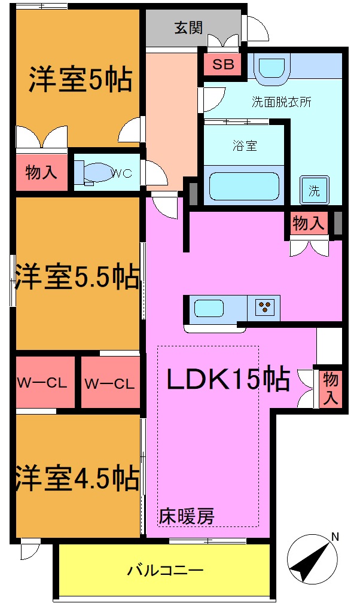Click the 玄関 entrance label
click(188, 28)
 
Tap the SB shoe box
click(223, 65)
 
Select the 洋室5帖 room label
click(81, 80)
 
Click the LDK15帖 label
click(228, 379)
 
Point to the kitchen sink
click(208, 309)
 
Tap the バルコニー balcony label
click(166, 570)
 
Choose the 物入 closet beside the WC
click(41, 173)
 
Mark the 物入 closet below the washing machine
click(309, 224)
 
